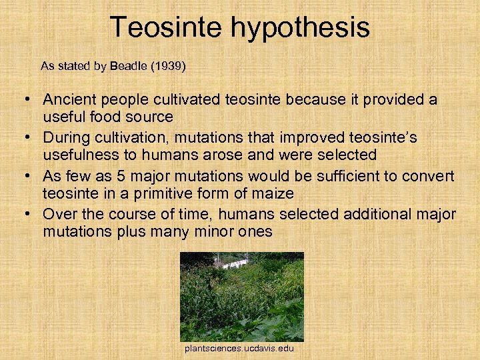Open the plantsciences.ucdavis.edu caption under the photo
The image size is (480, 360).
click(240, 349)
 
